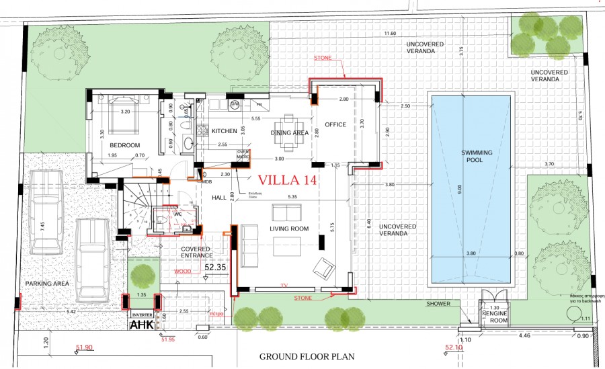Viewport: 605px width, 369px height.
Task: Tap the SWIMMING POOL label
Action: tap(477, 157)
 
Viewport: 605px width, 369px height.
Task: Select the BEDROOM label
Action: tap(125, 145)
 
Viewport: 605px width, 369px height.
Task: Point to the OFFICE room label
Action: tap(335, 125)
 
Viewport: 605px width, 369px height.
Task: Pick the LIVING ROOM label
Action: tap(289, 229)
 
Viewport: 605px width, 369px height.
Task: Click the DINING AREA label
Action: tap(290, 133)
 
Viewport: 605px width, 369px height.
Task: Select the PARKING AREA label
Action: tap(47, 284)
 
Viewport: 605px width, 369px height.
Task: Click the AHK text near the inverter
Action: tap(142, 325)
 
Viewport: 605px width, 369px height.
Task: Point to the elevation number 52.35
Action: tap(214, 267)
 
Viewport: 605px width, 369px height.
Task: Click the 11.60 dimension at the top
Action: tap(389, 33)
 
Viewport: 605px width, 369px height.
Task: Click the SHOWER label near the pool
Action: tap(438, 304)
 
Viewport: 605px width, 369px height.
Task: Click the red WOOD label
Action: tap(181, 272)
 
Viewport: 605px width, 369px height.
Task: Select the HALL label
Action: tap(218, 198)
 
